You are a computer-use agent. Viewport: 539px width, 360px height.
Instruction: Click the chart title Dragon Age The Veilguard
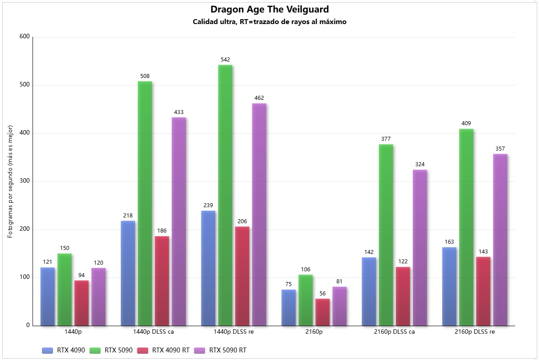pyautogui.click(x=269, y=9)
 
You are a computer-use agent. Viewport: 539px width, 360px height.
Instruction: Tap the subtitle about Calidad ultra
pyautogui.click(x=269, y=22)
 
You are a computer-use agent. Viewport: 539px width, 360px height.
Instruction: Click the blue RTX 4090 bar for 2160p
pyautogui.click(x=288, y=307)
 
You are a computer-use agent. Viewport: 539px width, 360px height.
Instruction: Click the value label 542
pyautogui.click(x=225, y=60)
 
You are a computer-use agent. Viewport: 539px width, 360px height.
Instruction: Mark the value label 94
pyautogui.click(x=82, y=275)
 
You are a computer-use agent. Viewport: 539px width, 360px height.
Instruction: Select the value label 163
pyautogui.click(x=449, y=242)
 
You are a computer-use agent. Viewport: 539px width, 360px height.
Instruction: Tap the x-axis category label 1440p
pyautogui.click(x=73, y=332)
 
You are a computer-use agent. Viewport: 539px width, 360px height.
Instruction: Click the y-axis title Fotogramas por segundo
pyautogui.click(x=11, y=181)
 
